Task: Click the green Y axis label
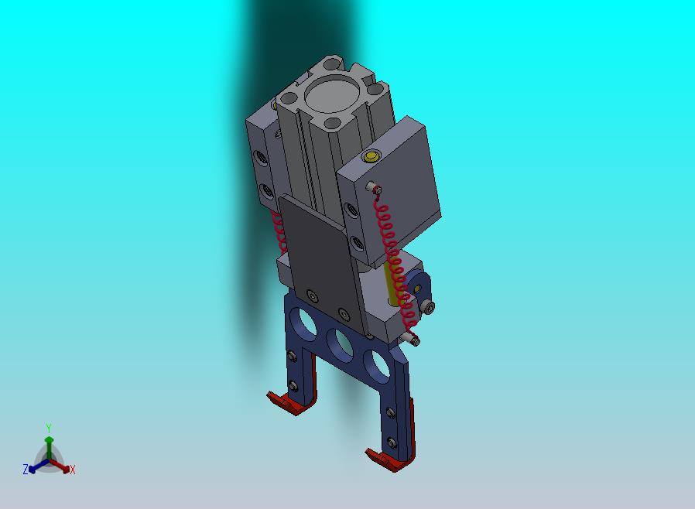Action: tap(49, 428)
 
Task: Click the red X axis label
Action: tap(73, 470)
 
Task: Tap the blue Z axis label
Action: tap(26, 469)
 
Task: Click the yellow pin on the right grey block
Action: tap(371, 156)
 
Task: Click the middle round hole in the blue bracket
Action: tap(340, 343)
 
